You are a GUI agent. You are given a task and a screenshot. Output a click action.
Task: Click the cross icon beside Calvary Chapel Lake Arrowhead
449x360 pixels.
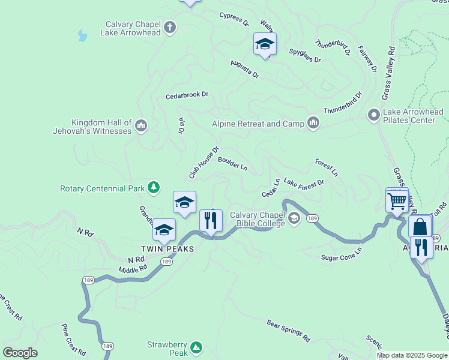pyautogui.click(x=170, y=27)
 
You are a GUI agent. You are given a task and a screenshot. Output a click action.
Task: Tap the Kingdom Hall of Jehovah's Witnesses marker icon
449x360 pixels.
pyautogui.click(x=141, y=125)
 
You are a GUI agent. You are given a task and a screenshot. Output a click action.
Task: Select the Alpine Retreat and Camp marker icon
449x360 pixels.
pyautogui.click(x=313, y=123)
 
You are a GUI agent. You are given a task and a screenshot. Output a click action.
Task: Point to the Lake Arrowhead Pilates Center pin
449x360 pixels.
pyautogui.click(x=373, y=114)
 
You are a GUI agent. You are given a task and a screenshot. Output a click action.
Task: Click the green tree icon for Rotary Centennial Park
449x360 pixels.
pyautogui.click(x=154, y=188)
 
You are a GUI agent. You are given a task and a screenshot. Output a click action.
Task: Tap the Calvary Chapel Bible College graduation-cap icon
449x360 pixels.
pyautogui.click(x=294, y=218)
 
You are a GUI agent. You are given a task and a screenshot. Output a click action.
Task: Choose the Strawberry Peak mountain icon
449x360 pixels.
pyautogui.click(x=196, y=347)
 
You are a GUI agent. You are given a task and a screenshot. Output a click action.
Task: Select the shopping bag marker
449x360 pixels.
pyautogui.click(x=420, y=227)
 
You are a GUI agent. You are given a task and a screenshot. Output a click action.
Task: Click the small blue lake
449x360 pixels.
pyautogui.click(x=82, y=36)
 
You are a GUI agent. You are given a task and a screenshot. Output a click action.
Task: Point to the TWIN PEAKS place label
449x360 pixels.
pyautogui.click(x=167, y=248)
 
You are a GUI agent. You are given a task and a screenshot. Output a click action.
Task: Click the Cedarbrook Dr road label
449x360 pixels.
pyautogui.click(x=187, y=95)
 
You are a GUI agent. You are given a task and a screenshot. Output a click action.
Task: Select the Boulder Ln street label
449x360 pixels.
pyautogui.click(x=233, y=163)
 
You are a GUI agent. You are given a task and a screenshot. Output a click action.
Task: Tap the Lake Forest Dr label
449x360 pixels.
pyautogui.click(x=303, y=182)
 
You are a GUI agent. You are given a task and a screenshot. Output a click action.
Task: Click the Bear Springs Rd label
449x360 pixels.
pyautogui.click(x=288, y=330)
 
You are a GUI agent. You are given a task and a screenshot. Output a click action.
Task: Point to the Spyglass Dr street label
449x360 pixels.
pyautogui.click(x=305, y=56)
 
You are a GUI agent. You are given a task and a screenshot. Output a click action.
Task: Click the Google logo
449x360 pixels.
pyautogui.click(x=20, y=353)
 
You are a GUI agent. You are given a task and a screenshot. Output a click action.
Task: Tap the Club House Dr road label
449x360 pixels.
pyautogui.click(x=204, y=163)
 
